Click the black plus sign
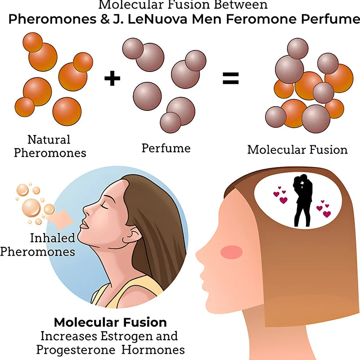click(112, 78)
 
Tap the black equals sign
click(231, 78)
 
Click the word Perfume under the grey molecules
click(166, 148)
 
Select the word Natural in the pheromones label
click(49, 139)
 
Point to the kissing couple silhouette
click(303, 200)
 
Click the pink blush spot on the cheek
click(231, 252)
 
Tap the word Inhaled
click(53, 238)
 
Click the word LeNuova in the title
click(157, 19)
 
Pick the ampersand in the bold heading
click(105, 19)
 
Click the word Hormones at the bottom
click(153, 350)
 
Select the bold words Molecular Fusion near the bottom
click(110, 322)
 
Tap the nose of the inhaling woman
click(86, 210)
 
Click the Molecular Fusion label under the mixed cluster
click(297, 150)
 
